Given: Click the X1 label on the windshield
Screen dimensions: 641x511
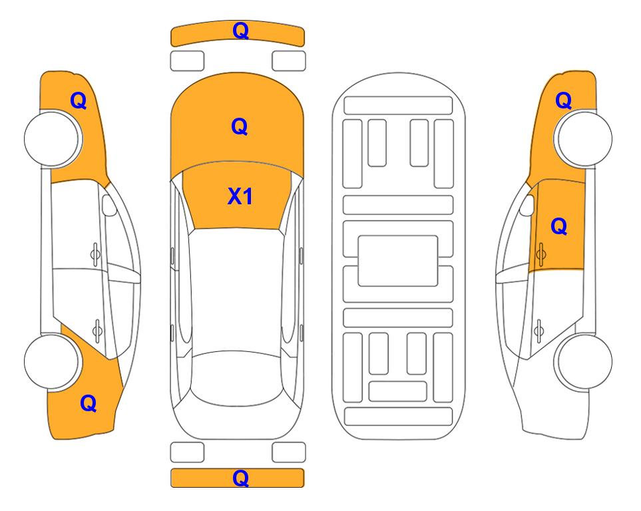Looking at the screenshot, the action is pos(240,196).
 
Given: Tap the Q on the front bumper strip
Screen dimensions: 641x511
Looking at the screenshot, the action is pos(240,30).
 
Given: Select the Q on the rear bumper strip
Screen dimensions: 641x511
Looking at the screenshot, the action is pos(240,478).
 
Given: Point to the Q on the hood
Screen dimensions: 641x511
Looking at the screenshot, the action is pos(240,126).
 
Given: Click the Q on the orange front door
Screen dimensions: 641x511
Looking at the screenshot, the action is pos(559,226).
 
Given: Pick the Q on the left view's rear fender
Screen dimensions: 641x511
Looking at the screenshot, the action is pos(89,403).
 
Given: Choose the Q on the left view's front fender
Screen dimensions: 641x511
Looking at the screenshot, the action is pos(79,100).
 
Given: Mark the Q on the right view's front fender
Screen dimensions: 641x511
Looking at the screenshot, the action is pos(563,100).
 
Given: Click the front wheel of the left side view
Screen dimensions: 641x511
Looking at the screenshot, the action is pos(52,139).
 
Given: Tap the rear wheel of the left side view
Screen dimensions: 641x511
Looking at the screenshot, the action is pos(52,362).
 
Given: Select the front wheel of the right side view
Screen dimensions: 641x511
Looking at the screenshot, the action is pos(584,139).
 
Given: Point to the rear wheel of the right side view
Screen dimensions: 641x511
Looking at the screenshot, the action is pos(584,362).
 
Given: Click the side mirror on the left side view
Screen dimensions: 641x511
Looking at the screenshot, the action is pos(108,205).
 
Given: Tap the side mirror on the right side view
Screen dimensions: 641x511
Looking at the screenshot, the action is pos(527,205).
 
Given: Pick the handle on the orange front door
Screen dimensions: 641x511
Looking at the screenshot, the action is pos(540,254).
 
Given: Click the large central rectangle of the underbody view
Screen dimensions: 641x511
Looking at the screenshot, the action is pos(398,261).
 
